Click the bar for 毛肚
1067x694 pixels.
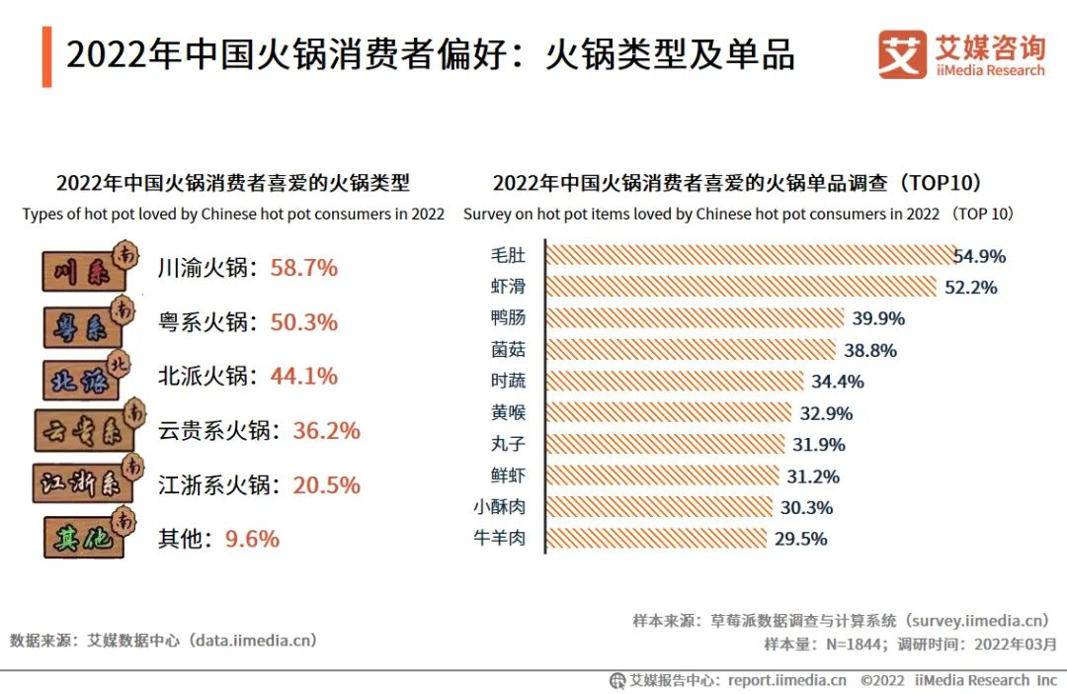pos(751,255)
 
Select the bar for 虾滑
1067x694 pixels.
pos(741,287)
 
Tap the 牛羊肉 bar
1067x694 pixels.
pos(656,539)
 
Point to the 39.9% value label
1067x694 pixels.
pos(877,318)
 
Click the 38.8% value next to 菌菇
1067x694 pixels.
pos(870,350)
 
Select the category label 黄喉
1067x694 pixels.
pos(508,412)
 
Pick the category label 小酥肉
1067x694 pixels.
pos(500,507)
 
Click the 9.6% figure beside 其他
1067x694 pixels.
pos(252,539)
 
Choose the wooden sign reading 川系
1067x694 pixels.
pos(87,269)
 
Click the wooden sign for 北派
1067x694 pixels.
pos(87,377)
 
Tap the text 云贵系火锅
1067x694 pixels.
pos(213,431)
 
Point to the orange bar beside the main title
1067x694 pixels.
pos(46,57)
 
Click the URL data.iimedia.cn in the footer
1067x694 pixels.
pos(255,640)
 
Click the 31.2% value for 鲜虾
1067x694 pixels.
pos(813,477)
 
